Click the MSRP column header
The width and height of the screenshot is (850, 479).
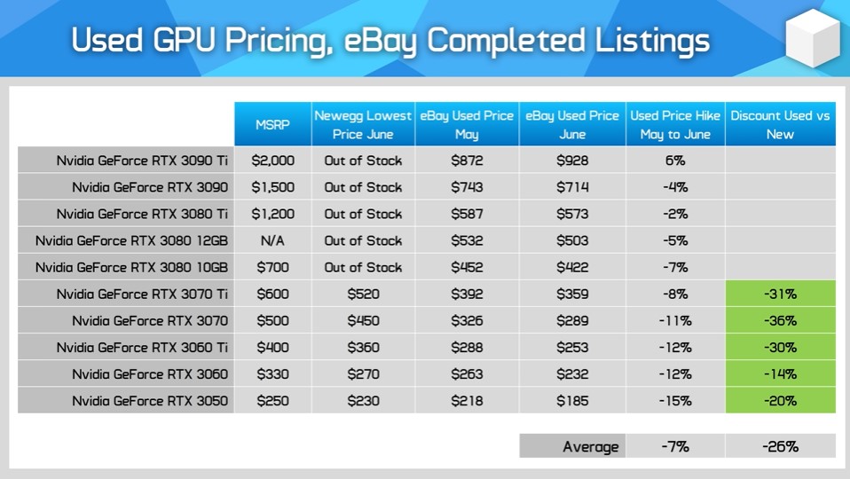click(272, 124)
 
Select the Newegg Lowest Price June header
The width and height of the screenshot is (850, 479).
click(363, 124)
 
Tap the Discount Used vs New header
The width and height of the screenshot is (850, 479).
click(780, 124)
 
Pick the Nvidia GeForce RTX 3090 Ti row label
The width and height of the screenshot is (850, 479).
click(142, 161)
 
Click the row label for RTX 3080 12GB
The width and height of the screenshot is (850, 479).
click(131, 240)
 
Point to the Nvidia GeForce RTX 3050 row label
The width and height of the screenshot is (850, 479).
click(150, 401)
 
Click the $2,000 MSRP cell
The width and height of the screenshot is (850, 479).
click(272, 161)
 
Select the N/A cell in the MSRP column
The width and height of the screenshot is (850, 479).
click(272, 240)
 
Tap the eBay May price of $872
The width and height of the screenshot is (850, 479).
click(467, 161)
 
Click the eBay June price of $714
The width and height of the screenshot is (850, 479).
click(572, 187)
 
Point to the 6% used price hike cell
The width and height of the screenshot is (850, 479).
click(675, 161)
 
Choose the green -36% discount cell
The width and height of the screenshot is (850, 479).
click(780, 321)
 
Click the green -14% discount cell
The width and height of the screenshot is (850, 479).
click(780, 373)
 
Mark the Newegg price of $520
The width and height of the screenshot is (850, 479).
click(363, 294)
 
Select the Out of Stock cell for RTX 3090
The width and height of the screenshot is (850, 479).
click(363, 187)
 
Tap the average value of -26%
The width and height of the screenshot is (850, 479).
click(780, 446)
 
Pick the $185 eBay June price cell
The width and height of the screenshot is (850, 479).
click(572, 401)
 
